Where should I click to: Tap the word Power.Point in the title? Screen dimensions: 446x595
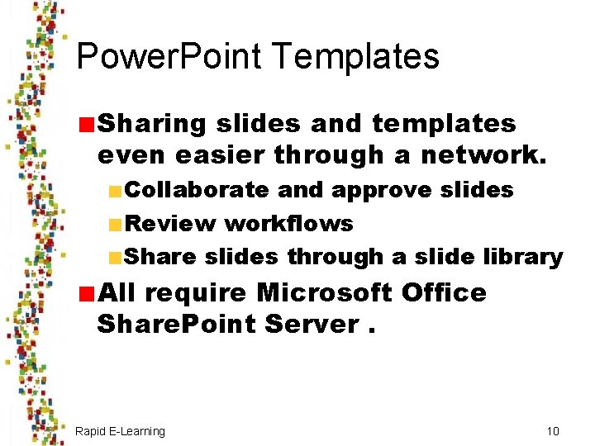pyautogui.click(x=168, y=57)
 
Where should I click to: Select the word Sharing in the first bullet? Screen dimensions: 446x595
pyautogui.click(x=151, y=124)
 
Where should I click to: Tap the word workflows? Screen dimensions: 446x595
pyautogui.click(x=288, y=223)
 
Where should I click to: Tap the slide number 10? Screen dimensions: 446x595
pyautogui.click(x=553, y=431)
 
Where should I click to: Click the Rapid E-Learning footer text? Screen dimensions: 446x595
pyautogui.click(x=120, y=431)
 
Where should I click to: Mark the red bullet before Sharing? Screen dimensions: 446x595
pyautogui.click(x=86, y=125)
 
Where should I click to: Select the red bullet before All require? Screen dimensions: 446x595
pyautogui.click(x=86, y=293)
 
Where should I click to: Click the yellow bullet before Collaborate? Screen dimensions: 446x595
pyautogui.click(x=115, y=191)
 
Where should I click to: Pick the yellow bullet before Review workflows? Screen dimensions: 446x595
pyautogui.click(x=115, y=224)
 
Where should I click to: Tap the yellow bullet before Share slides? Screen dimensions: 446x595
pyautogui.click(x=115, y=258)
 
